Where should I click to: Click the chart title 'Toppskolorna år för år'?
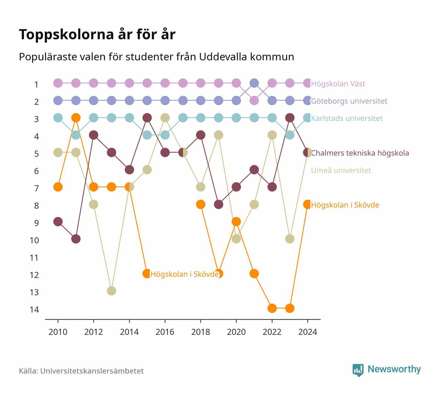(97, 35)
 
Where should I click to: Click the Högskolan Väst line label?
(338, 84)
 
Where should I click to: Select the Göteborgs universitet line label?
(349, 101)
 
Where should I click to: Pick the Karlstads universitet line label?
(347, 118)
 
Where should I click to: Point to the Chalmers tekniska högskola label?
(360, 153)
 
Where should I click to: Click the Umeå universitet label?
(341, 170)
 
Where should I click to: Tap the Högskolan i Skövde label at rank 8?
(345, 205)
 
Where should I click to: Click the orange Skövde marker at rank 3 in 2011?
(76, 118)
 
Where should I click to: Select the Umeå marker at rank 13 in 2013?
(112, 291)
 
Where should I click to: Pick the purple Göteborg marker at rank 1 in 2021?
(254, 83)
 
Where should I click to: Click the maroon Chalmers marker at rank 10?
(76, 239)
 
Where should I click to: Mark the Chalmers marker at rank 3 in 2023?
(290, 118)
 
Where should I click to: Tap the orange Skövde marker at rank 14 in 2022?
(272, 308)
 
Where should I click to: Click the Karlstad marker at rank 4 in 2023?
(290, 135)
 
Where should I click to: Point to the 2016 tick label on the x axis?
(165, 332)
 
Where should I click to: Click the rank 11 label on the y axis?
(34, 258)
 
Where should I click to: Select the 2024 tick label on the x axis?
(307, 332)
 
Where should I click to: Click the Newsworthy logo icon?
(358, 370)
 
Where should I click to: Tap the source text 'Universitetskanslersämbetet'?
(92, 371)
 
